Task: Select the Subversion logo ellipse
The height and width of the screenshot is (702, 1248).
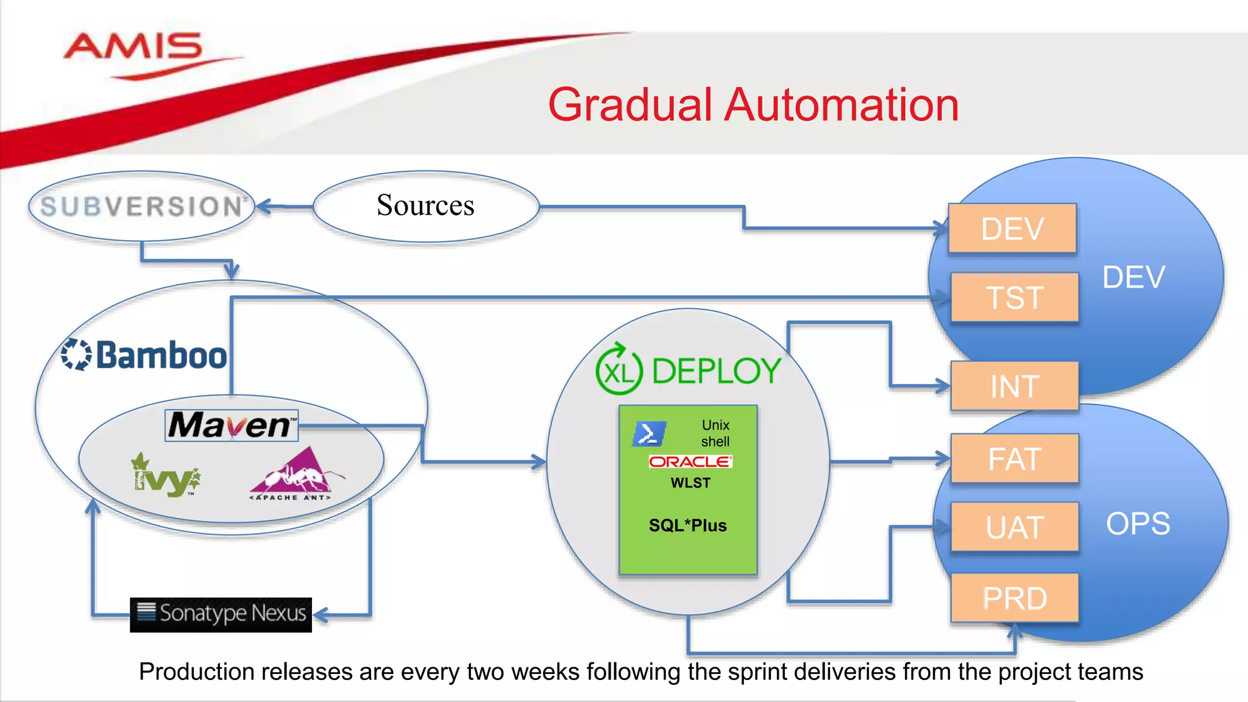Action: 141,207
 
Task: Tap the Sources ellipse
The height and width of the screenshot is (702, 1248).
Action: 425,206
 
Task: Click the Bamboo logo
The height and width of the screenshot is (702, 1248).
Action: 145,355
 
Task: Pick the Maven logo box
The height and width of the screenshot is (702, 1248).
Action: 232,425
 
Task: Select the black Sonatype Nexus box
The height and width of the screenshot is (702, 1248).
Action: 221,614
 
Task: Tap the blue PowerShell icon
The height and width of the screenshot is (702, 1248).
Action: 648,434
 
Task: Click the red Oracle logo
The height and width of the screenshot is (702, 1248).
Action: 690,461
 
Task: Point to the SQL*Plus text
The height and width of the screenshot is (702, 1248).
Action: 687,525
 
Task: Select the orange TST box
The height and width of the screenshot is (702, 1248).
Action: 1014,297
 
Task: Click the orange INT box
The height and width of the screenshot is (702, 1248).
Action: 1014,386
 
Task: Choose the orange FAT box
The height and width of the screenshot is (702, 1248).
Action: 1014,458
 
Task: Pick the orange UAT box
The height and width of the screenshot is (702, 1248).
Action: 1014,527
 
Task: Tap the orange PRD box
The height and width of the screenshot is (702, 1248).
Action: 1014,598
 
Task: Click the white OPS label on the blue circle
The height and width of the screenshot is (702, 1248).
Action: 1138,523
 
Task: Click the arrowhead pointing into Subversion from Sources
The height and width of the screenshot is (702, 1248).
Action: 263,207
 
